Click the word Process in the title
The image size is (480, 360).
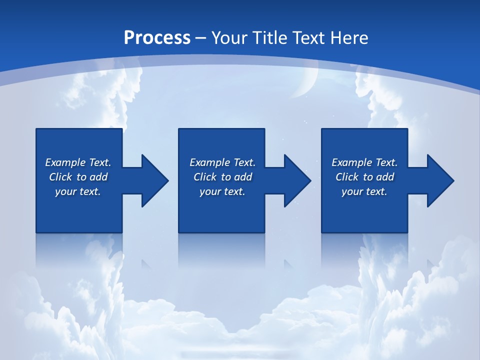[157, 37]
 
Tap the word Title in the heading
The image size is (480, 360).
[272, 37]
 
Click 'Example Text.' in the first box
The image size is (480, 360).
[78, 162]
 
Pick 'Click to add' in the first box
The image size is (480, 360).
[78, 177]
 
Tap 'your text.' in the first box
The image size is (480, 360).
[78, 191]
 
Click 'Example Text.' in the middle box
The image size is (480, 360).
[222, 162]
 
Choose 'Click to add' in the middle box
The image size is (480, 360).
[222, 177]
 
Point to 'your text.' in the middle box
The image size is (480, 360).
[222, 191]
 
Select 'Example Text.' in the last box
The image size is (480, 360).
[364, 162]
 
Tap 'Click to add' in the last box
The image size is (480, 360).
[364, 177]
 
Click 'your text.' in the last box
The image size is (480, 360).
[364, 191]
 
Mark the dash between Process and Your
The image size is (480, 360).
[200, 38]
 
